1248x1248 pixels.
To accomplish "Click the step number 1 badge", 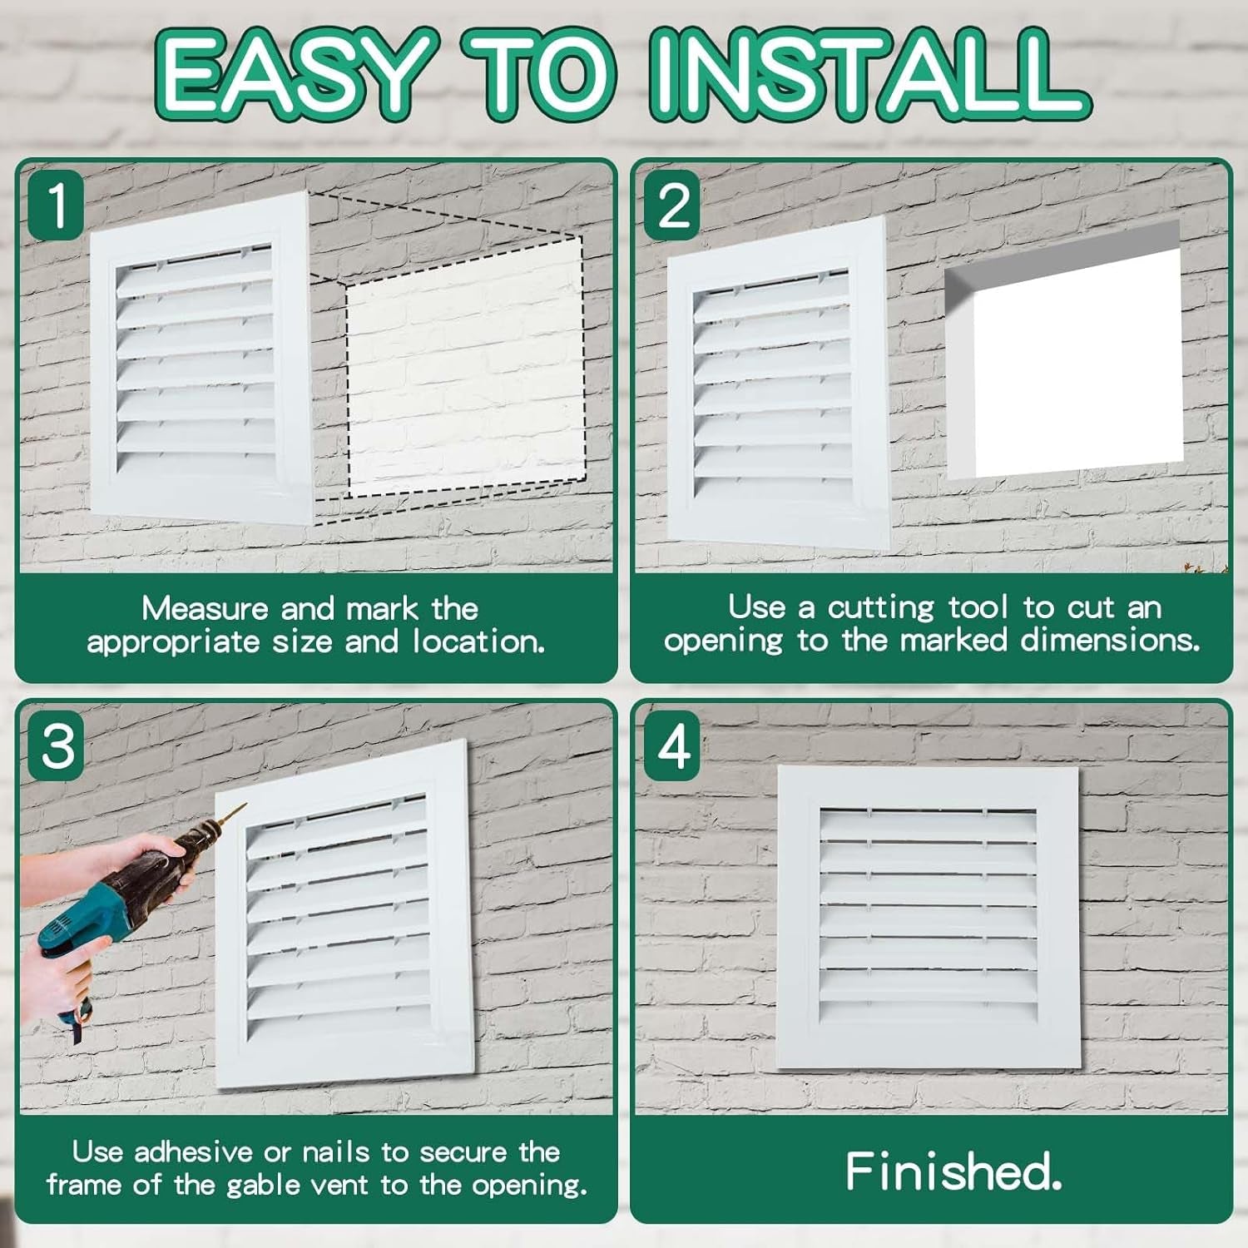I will coord(57,204).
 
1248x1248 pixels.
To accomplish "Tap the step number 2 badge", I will coord(672,204).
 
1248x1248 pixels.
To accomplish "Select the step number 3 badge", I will coord(57,745).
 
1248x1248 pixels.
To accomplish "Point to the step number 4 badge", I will coord(672,745).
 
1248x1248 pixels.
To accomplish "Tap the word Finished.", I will coord(953,1171).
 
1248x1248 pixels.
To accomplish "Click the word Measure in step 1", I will coord(205,609).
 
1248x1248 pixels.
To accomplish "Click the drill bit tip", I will coord(242,806).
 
